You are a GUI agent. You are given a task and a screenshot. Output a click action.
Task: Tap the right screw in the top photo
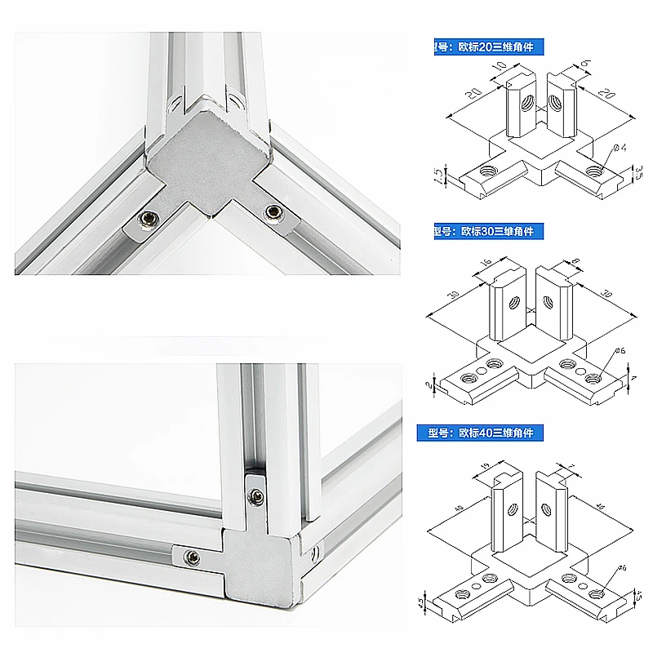(271, 212)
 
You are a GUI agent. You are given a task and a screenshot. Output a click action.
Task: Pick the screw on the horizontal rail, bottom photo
(193, 557)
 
